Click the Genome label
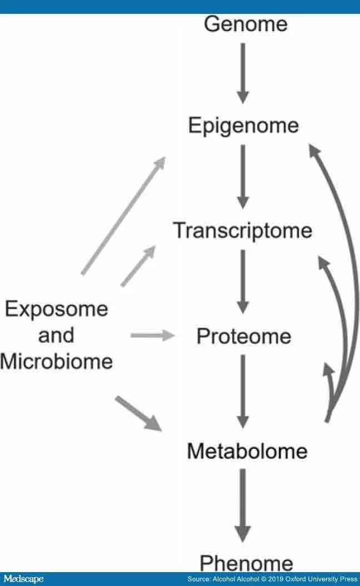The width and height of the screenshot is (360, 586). (x=246, y=24)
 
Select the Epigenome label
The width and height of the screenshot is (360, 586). (x=243, y=126)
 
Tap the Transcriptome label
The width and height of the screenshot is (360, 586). (x=242, y=230)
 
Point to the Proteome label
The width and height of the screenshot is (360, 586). (x=244, y=337)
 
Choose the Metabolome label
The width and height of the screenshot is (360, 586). (x=247, y=450)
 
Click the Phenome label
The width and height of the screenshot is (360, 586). (x=246, y=563)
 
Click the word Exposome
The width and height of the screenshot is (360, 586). (x=56, y=308)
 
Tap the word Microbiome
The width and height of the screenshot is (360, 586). (x=56, y=362)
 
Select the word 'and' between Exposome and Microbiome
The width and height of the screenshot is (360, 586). (x=56, y=335)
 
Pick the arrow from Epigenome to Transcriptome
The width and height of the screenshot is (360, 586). (x=242, y=177)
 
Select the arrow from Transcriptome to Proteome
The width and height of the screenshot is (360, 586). (x=242, y=281)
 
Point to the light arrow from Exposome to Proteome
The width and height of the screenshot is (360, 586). (x=152, y=335)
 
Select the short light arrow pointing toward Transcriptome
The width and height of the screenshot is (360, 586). (x=137, y=267)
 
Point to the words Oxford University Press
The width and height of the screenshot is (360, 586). (x=309, y=579)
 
